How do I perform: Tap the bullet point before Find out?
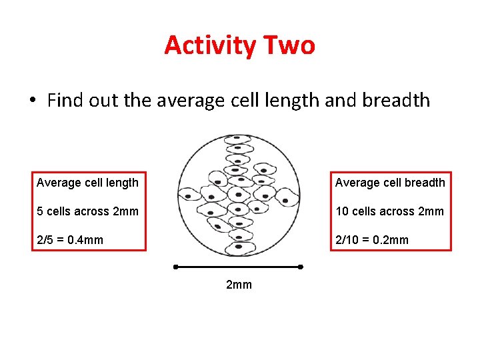tap(32, 101)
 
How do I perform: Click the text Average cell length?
tap(87, 183)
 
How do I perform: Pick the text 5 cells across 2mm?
tap(87, 211)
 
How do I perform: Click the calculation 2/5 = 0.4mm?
tap(70, 240)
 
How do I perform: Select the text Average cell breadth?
tap(390, 183)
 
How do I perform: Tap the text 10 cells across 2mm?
tap(389, 211)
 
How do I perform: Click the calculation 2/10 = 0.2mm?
tap(372, 240)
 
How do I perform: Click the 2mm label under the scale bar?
tap(239, 285)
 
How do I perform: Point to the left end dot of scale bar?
tap(176, 267)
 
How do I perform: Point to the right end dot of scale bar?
tap(300, 267)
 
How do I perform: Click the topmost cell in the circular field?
tap(237, 139)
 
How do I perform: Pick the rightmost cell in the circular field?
tap(288, 196)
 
